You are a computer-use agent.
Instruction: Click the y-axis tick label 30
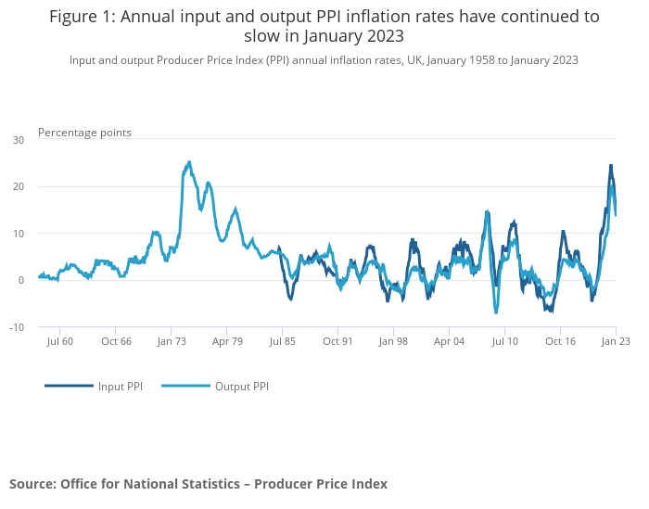click(x=19, y=140)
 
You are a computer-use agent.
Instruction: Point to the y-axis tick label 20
click(x=19, y=186)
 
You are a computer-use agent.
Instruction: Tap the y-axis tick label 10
click(x=19, y=234)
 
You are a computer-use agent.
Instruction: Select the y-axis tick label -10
click(x=17, y=327)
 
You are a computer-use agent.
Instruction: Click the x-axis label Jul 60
click(x=59, y=341)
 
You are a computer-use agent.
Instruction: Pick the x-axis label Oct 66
click(x=116, y=341)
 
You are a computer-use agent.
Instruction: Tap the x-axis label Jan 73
click(x=172, y=341)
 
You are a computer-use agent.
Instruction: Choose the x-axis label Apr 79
click(x=227, y=341)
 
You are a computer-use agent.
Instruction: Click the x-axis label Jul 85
click(x=283, y=341)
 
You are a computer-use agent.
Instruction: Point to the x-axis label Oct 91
click(x=338, y=341)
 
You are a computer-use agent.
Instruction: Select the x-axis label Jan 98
click(x=394, y=341)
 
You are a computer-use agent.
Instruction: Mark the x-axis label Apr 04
click(x=450, y=341)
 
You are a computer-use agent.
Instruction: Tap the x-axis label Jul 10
click(x=505, y=341)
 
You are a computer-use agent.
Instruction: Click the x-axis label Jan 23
click(x=616, y=341)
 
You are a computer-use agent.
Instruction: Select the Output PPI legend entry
click(x=215, y=386)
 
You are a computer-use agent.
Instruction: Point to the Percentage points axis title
click(x=84, y=133)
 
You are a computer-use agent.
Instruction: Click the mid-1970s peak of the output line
click(x=189, y=162)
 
